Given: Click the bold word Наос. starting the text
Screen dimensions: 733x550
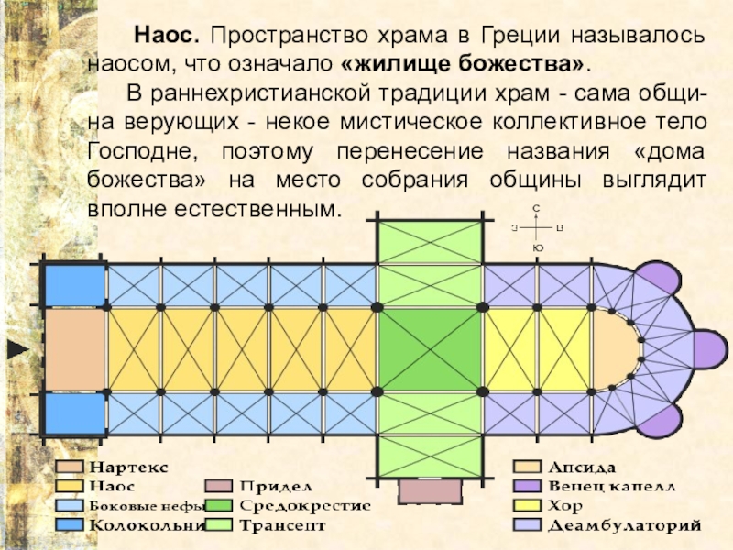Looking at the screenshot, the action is click(x=166, y=36).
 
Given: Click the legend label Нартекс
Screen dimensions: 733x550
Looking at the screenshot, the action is click(x=128, y=467).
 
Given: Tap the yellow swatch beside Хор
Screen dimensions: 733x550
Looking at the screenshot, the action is click(x=526, y=506).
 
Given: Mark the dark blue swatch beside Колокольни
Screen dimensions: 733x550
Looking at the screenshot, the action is click(x=69, y=526).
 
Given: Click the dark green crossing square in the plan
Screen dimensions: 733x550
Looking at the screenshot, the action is click(x=429, y=350).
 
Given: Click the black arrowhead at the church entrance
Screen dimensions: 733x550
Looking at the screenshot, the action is click(x=16, y=349).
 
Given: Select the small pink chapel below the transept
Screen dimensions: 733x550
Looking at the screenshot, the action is click(x=429, y=490).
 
